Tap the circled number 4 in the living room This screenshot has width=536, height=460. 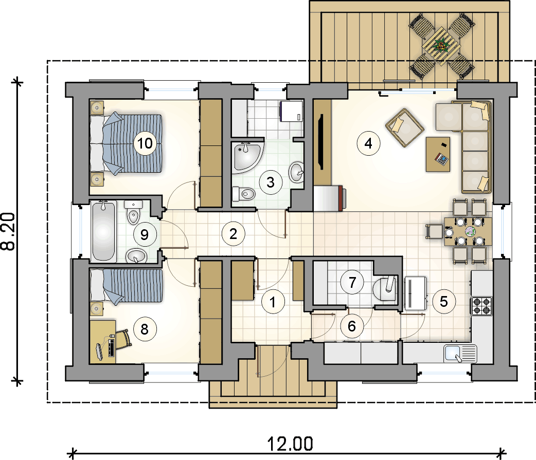[x=368, y=143]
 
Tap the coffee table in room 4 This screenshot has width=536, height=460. [x=437, y=154]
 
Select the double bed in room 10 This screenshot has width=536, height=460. [x=127, y=143]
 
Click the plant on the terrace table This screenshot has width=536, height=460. [x=440, y=45]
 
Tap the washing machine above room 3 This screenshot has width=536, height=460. [x=291, y=111]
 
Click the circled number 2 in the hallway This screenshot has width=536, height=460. [x=233, y=234]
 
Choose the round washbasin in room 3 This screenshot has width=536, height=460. [x=297, y=172]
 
